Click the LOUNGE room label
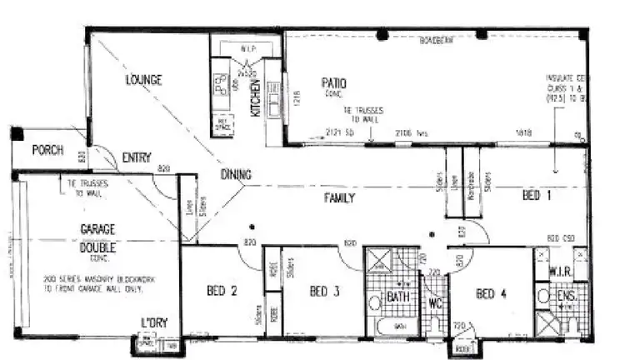click(x=143, y=80)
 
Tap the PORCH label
click(x=48, y=150)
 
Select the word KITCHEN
click(x=257, y=97)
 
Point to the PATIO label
click(x=335, y=83)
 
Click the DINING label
click(x=237, y=174)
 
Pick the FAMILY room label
click(x=340, y=198)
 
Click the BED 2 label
click(x=222, y=291)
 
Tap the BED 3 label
click(x=325, y=291)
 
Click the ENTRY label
click(x=137, y=157)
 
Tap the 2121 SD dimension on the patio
click(x=339, y=132)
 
